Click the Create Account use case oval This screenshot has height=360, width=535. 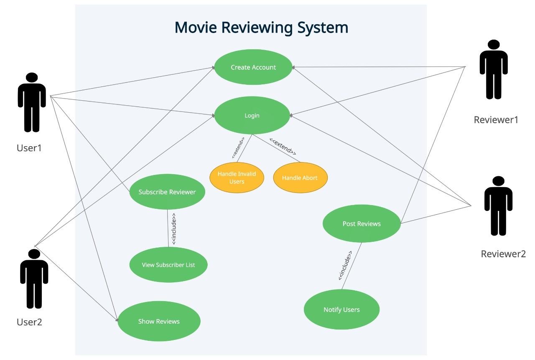click(253, 67)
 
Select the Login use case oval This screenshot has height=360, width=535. click(252, 116)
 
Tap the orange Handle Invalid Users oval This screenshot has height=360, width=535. click(237, 177)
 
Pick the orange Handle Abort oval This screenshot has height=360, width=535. click(300, 177)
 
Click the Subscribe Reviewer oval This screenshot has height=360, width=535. click(167, 192)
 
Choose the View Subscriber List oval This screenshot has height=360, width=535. click(168, 265)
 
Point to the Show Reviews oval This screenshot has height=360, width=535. click(159, 321)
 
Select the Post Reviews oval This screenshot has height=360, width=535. click(362, 224)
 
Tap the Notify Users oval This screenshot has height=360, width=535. click(341, 309)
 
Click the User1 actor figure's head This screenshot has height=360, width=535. click(32, 78)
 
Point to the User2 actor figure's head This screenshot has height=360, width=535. click(34, 254)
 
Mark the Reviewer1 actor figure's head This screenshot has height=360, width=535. click(494, 45)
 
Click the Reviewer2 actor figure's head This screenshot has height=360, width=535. click(498, 182)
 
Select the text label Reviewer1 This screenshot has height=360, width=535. click(496, 120)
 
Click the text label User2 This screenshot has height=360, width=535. click(29, 322)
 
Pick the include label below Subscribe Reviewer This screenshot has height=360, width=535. click(174, 228)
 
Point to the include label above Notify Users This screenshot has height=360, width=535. click(345, 265)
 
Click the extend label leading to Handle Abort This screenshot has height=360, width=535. click(283, 146)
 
